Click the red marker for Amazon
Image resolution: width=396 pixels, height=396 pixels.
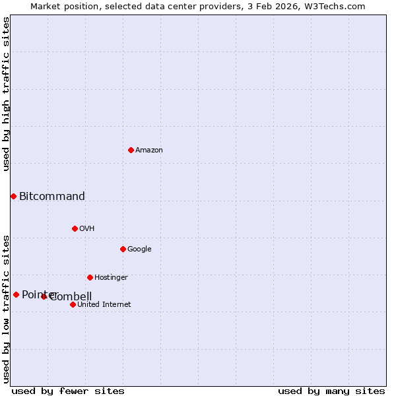coord(131,150)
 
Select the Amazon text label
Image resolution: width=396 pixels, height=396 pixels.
coord(149,150)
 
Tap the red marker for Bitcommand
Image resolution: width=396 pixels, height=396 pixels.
coord(13,196)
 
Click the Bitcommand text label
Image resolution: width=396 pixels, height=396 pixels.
coord(52,197)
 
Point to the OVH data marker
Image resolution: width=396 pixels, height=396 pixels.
coord(75,228)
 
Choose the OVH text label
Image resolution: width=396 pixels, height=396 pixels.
coord(87,229)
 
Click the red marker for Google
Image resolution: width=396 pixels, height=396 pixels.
coord(123,249)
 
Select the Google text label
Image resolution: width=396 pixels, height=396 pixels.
coord(139,249)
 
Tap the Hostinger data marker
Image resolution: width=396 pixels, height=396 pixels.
coord(90,277)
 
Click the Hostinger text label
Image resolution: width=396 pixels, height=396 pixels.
coord(111,278)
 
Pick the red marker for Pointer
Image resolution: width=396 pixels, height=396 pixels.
coord(16,294)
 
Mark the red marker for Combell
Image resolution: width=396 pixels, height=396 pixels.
coord(44,296)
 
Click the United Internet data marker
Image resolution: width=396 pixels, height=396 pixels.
coord(73,304)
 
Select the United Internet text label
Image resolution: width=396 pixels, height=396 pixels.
coord(104,305)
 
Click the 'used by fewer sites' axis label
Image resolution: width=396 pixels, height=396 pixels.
coord(68,391)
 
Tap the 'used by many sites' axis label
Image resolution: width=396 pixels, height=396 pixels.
coord(331,391)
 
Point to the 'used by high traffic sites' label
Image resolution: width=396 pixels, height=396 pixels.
coord(7,94)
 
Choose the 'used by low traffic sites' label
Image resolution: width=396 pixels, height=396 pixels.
coord(7,309)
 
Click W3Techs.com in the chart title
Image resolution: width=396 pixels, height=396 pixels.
coord(342,6)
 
